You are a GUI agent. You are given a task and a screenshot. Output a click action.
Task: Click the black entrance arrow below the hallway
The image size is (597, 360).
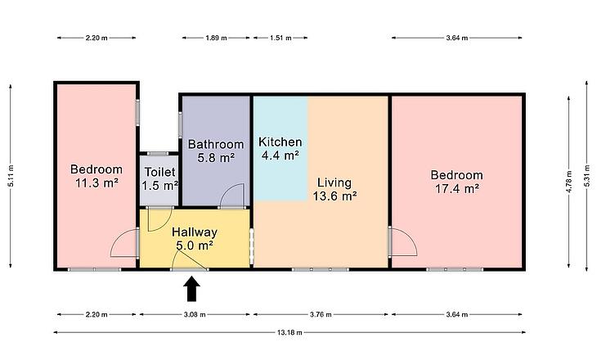192,289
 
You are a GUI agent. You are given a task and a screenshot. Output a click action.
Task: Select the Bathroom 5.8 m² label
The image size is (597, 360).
216,151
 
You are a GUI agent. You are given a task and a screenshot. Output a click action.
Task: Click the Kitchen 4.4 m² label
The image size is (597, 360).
281,149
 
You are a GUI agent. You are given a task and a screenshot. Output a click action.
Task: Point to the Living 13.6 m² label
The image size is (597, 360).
334,189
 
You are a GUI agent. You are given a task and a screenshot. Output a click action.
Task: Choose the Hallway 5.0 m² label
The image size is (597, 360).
195,238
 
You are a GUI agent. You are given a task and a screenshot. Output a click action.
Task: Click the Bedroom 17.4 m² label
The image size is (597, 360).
457,182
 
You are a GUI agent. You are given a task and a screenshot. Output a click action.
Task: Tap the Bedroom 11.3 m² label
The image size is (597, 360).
97,176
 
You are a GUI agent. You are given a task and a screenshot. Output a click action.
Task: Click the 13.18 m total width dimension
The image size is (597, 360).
290,332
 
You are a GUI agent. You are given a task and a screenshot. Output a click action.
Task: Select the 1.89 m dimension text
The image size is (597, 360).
216,38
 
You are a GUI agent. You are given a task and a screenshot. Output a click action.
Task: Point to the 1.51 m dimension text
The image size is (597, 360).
281,38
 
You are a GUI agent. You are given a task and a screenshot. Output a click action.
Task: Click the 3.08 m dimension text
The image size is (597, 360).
195,315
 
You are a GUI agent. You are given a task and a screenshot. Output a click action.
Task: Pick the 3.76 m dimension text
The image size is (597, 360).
321,315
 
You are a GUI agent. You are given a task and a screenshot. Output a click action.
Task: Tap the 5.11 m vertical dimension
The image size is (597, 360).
11,176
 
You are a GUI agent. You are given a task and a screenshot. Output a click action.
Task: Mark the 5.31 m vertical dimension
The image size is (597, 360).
587,176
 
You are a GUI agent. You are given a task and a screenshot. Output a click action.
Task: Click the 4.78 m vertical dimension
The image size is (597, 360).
569,182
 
